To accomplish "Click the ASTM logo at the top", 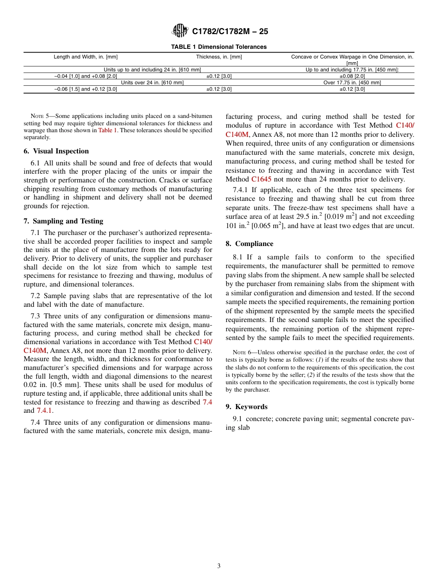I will click(x=180, y=31).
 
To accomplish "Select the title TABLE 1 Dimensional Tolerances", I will click(x=219, y=47).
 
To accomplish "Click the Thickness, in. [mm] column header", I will click(x=219, y=57).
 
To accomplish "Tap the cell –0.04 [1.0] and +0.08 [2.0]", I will click(x=86, y=76).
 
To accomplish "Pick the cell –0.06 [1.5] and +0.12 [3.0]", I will click(x=86, y=89).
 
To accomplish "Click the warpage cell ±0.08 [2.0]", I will click(x=352, y=76).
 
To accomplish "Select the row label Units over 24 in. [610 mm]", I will click(x=152, y=82).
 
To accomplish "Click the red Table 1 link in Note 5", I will click(x=107, y=130).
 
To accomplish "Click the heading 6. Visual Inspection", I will click(x=56, y=151).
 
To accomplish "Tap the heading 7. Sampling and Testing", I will click(x=63, y=221).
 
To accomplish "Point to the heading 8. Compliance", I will click(x=249, y=244).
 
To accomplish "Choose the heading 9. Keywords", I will click(x=246, y=407).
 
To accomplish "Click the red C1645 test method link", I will click(x=261, y=179).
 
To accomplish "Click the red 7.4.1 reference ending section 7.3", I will click(x=44, y=410).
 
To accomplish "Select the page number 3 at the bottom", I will click(x=219, y=566).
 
